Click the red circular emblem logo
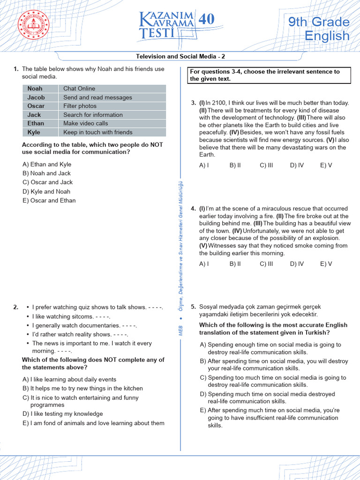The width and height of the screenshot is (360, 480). click(x=33, y=26)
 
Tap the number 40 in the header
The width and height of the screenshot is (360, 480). click(x=206, y=19)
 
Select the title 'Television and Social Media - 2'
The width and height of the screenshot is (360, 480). click(x=180, y=56)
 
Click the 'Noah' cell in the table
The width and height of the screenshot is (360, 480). click(x=35, y=89)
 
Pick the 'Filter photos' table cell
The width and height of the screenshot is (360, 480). click(x=80, y=106)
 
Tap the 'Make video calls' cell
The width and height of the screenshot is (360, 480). click(x=85, y=123)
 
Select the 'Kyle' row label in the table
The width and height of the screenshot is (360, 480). click(x=34, y=132)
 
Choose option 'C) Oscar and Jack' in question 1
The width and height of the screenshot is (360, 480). click(x=47, y=182)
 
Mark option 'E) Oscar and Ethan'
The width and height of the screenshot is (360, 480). click(x=49, y=201)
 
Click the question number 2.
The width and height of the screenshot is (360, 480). click(x=16, y=307)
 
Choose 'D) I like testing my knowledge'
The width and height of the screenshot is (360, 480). click(x=62, y=414)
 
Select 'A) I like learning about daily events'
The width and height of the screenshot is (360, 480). click(x=69, y=379)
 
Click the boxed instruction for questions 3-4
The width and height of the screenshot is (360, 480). click(x=269, y=75)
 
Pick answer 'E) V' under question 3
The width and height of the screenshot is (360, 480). click(x=326, y=165)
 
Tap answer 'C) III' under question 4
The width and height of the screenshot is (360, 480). click(x=266, y=264)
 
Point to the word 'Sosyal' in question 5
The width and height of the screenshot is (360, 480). click(x=208, y=307)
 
